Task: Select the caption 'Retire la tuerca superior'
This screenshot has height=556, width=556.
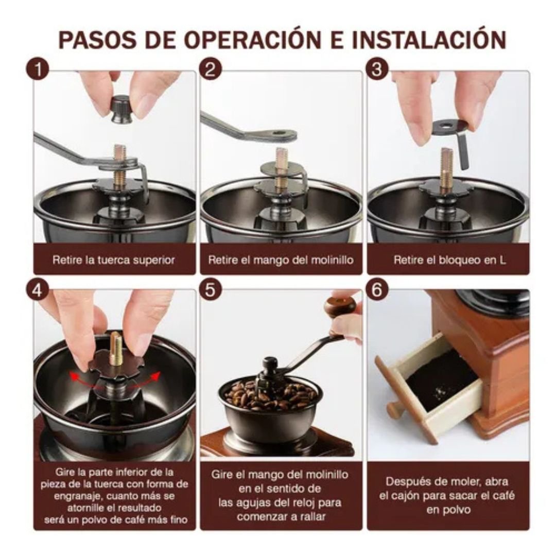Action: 114,260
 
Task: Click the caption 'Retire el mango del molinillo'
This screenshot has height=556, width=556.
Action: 281,260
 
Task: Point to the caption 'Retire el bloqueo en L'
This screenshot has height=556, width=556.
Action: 449,260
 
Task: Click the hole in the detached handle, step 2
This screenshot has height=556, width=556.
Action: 279,134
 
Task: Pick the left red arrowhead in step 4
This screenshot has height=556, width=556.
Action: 74,376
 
